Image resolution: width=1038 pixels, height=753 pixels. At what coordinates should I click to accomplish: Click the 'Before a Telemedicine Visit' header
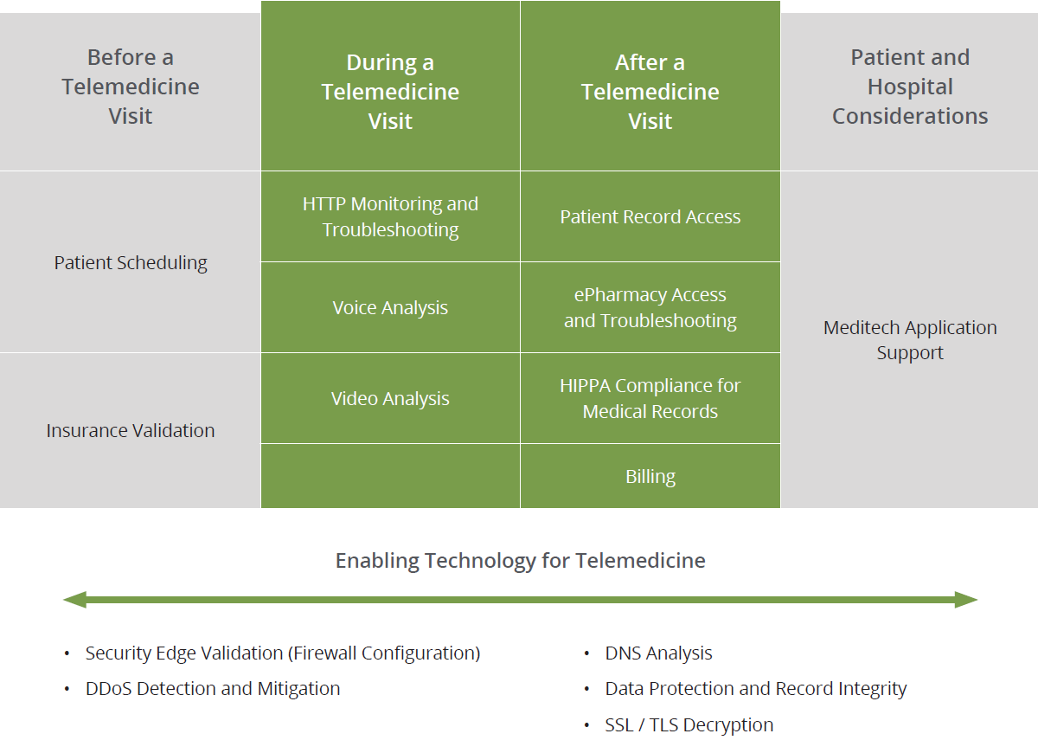(x=130, y=87)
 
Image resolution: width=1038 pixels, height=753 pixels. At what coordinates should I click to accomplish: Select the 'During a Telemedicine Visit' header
(x=390, y=92)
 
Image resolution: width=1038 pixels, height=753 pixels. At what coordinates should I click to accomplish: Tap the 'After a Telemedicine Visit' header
(x=650, y=92)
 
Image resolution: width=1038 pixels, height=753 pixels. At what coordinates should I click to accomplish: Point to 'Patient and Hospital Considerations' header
(x=910, y=87)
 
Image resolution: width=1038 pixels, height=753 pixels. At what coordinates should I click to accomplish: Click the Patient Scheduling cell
(x=131, y=262)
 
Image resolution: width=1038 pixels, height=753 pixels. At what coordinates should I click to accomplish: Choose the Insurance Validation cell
(x=131, y=430)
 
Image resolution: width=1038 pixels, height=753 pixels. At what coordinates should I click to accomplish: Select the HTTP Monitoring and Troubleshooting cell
(x=390, y=216)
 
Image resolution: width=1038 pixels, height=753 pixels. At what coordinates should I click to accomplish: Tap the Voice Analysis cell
(x=390, y=307)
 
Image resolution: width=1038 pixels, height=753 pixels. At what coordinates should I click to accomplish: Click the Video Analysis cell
(x=390, y=398)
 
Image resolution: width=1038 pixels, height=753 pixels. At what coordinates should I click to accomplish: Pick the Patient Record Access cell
(x=650, y=216)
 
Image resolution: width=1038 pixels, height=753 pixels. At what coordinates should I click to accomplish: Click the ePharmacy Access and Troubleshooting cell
(x=650, y=307)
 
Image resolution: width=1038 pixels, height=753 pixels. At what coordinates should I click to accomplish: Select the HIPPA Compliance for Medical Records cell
(x=650, y=398)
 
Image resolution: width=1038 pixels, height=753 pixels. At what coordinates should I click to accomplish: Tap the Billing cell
(x=650, y=476)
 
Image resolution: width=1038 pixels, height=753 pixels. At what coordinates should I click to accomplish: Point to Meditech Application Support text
(x=910, y=339)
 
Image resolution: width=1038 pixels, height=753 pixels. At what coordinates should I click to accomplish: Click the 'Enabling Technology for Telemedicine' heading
(x=520, y=560)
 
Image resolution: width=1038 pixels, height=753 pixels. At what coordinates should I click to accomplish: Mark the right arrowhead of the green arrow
(x=966, y=599)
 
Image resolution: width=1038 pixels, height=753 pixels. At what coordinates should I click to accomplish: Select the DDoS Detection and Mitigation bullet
(x=212, y=689)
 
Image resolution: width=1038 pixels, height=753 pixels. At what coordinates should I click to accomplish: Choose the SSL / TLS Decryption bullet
(x=689, y=725)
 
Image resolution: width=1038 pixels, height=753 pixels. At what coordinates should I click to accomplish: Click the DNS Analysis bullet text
(x=658, y=653)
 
